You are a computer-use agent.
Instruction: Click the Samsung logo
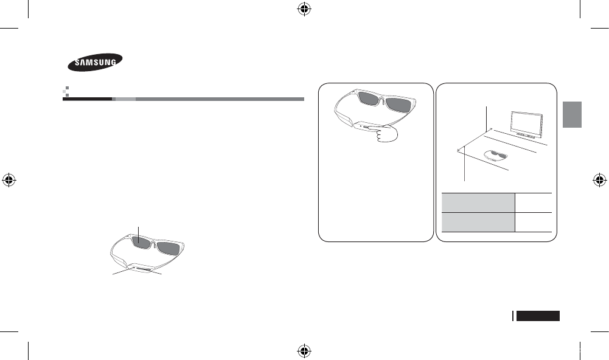tap(94, 61)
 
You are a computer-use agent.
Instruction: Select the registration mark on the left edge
tap(9, 179)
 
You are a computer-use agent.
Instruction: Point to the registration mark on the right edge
tap(599, 179)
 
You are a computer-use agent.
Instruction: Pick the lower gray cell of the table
tap(478, 222)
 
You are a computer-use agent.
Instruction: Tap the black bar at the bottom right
tap(538, 316)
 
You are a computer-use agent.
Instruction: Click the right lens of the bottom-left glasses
tap(172, 247)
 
